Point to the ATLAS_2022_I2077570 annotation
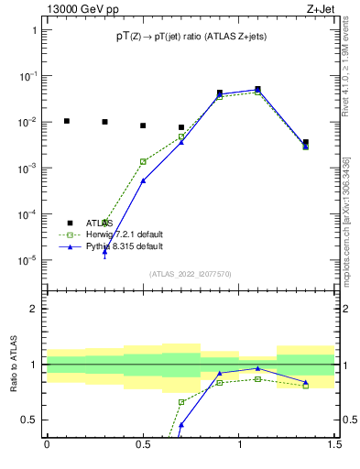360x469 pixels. [191, 273]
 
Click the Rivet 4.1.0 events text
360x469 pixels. [346, 64]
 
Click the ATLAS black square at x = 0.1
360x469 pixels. [66, 121]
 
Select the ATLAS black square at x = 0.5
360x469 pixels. [143, 125]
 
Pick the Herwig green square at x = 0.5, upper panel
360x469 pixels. [143, 161]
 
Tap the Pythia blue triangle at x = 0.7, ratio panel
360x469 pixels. [181, 425]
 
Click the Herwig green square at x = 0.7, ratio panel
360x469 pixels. [181, 402]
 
